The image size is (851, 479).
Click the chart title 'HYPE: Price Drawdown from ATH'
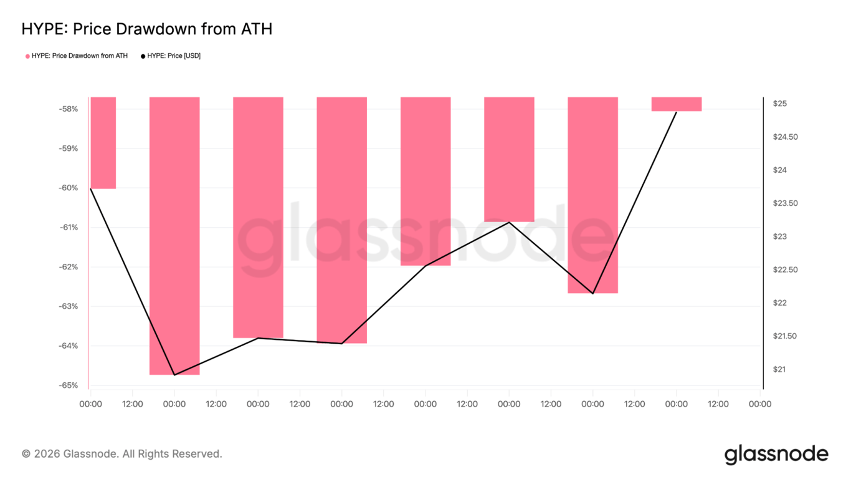point(146,29)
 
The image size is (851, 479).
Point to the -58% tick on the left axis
point(69,109)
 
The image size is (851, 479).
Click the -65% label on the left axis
point(69,385)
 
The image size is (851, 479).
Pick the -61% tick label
point(69,228)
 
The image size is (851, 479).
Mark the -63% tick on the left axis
point(69,306)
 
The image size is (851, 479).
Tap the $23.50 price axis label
point(785,203)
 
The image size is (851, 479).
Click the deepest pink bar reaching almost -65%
point(174,237)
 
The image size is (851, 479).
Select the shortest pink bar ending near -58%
point(677,104)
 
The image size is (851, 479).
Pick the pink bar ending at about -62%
point(425,181)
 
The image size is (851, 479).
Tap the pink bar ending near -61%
point(509,159)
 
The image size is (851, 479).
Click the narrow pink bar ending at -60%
point(103,143)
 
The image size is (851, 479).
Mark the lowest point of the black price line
point(174,375)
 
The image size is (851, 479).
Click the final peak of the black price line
point(677,112)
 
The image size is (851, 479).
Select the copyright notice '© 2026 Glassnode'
point(122,453)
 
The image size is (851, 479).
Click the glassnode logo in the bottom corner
point(776,454)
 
